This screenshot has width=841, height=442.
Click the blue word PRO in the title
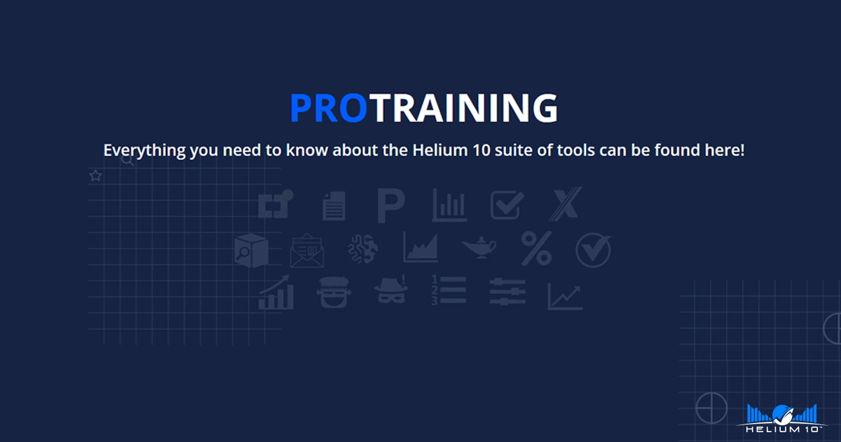pyautogui.click(x=329, y=108)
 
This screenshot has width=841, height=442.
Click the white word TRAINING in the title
pyautogui.click(x=464, y=108)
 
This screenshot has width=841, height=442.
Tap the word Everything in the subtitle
pyautogui.click(x=144, y=151)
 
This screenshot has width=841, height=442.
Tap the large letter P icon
pyautogui.click(x=391, y=206)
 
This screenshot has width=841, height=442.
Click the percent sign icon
pyautogui.click(x=537, y=248)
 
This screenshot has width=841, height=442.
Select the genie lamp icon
pyautogui.click(x=479, y=248)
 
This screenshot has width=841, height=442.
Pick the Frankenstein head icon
pyautogui.click(x=334, y=292)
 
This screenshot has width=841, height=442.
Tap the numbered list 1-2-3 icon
pyautogui.click(x=449, y=290)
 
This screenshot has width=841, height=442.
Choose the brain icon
pyautogui.click(x=363, y=248)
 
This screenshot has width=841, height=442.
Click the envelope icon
pyautogui.click(x=307, y=250)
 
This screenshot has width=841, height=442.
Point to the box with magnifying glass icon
pyautogui.click(x=251, y=250)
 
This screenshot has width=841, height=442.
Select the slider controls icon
pyautogui.click(x=507, y=291)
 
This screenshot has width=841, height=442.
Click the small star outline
pyautogui.click(x=95, y=175)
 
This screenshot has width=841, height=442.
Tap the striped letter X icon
pyautogui.click(x=565, y=204)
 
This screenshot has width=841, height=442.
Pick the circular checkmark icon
pyautogui.click(x=593, y=250)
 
